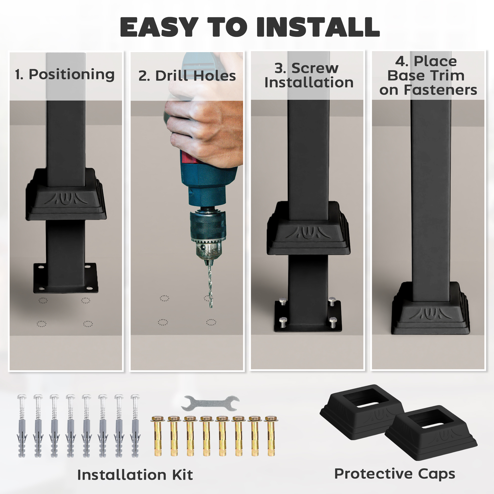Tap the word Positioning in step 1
(x=72, y=74)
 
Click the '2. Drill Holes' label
(x=187, y=76)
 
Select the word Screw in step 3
(x=315, y=68)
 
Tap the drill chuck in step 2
(x=208, y=230)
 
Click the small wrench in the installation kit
(x=210, y=403)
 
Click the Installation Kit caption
(x=135, y=475)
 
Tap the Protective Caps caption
(x=394, y=474)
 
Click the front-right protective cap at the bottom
(x=431, y=432)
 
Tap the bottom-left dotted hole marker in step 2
(x=163, y=322)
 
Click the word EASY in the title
(x=159, y=27)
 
